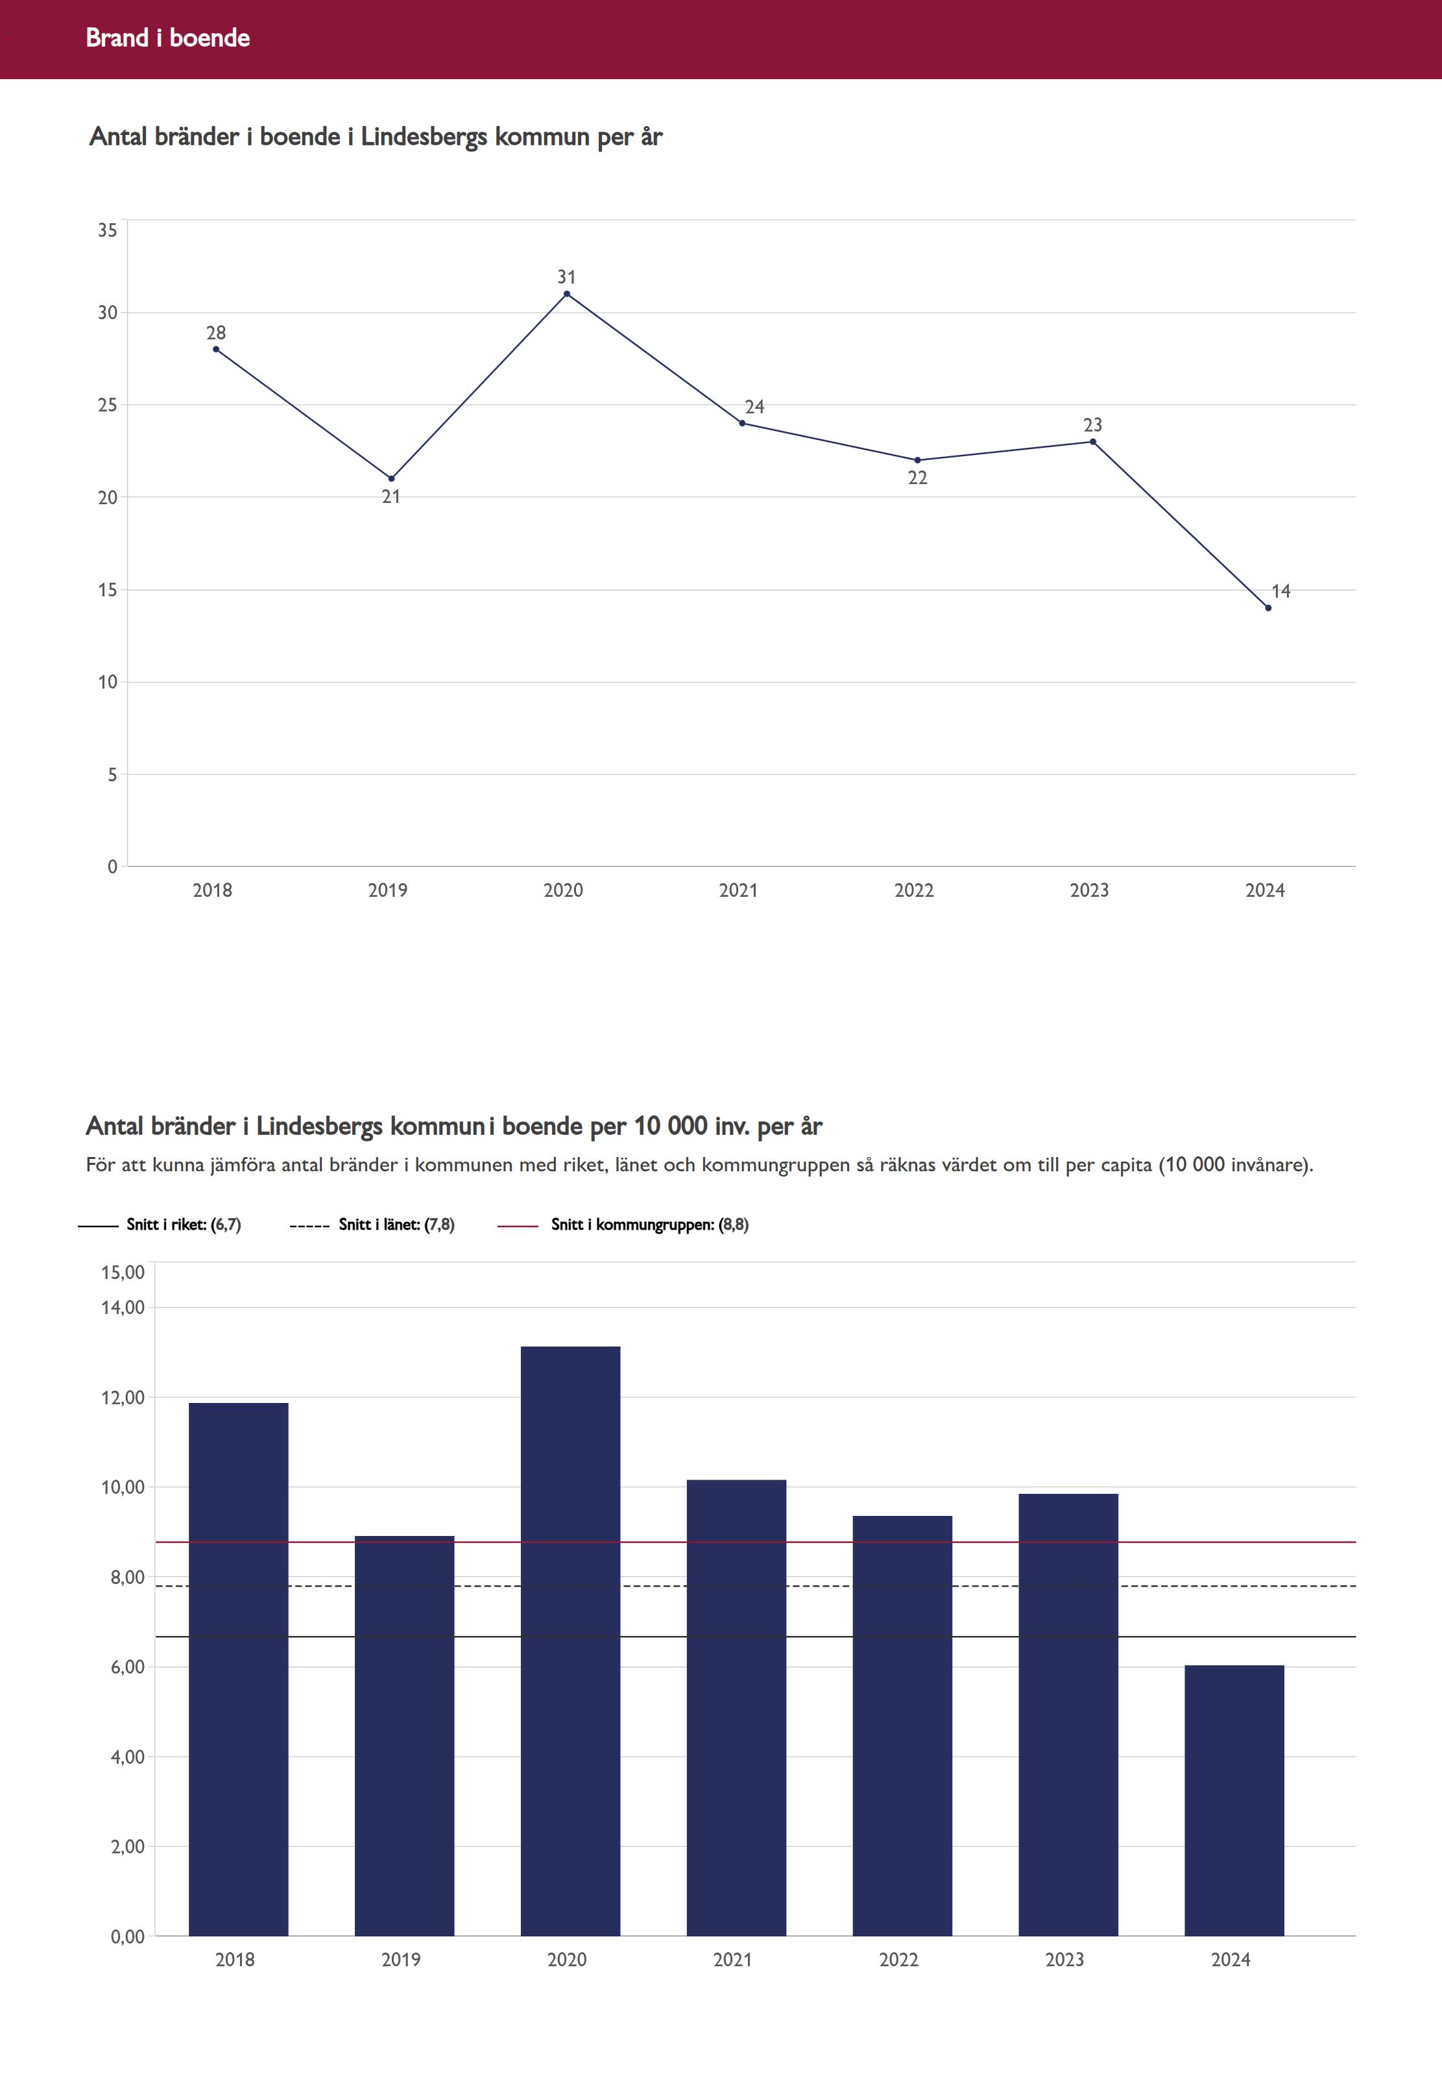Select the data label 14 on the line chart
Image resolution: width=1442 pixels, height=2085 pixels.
tap(1280, 591)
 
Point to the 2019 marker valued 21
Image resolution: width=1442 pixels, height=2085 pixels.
tap(391, 479)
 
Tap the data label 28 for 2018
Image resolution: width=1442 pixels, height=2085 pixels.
tap(216, 334)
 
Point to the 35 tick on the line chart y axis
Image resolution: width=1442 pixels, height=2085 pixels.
tap(108, 230)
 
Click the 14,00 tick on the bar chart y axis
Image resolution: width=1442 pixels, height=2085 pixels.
tap(123, 1308)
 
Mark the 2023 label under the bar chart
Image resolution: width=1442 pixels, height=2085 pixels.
tap(1064, 1959)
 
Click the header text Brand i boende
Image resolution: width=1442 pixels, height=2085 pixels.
tap(168, 38)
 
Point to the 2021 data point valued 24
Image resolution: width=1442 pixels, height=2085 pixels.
tap(743, 423)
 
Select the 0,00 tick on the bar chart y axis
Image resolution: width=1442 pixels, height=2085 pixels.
tap(127, 1937)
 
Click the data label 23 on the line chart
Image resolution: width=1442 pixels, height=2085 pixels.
tap(1092, 425)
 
